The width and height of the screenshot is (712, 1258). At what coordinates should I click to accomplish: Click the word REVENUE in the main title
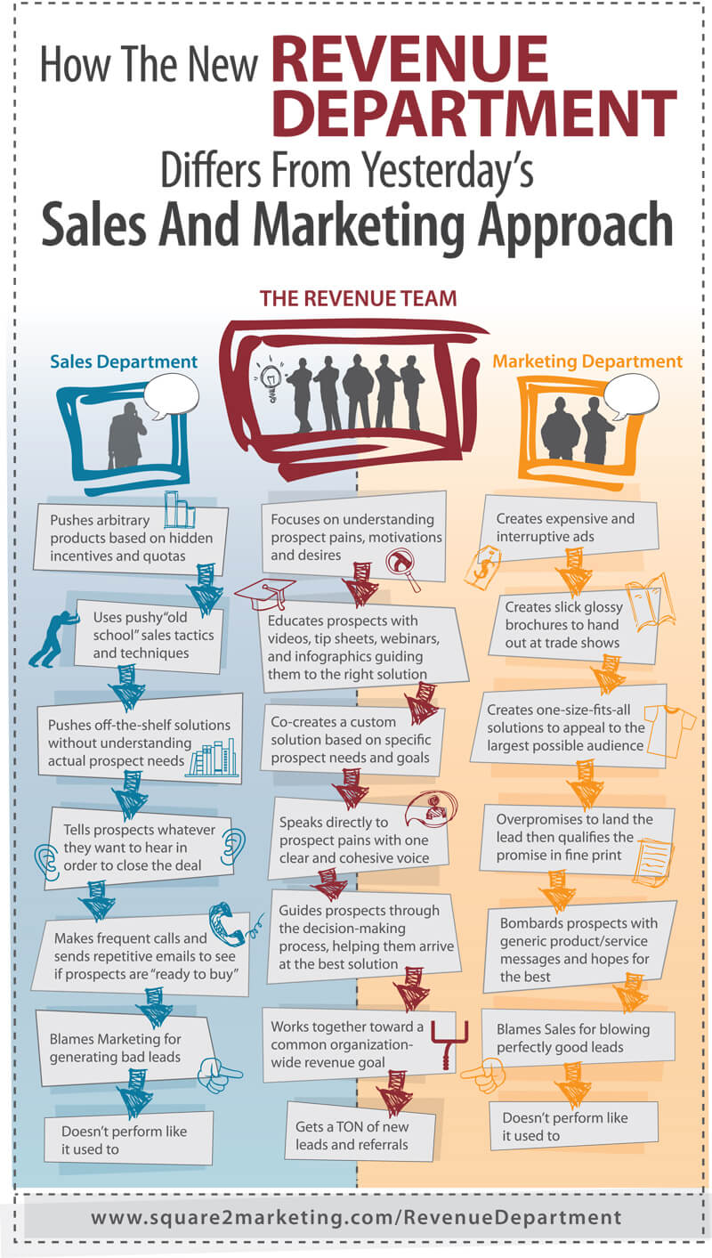click(x=410, y=59)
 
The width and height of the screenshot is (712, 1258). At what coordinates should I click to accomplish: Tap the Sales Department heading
click(x=124, y=361)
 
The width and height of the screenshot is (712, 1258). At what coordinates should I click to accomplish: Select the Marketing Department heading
click(x=587, y=361)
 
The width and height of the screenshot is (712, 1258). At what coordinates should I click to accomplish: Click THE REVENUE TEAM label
click(x=358, y=298)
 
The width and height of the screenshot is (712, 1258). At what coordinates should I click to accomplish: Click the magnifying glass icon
click(x=403, y=568)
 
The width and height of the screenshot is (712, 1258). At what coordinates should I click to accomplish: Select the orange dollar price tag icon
click(x=483, y=568)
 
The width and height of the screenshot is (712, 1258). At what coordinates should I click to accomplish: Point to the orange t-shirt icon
click(x=669, y=730)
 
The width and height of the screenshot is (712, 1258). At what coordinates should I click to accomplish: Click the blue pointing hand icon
click(x=218, y=1074)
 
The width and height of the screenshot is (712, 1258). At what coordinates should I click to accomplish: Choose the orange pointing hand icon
click(x=484, y=1074)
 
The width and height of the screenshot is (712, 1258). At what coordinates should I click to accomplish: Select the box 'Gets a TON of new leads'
click(x=360, y=1131)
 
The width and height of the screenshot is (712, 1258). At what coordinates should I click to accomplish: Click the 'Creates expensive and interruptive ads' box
click(x=568, y=528)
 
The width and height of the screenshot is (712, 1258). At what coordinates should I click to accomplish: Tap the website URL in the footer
click(x=356, y=1217)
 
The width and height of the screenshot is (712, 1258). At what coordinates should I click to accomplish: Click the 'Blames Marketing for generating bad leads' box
click(x=125, y=1048)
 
